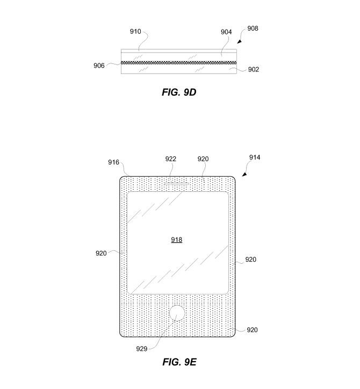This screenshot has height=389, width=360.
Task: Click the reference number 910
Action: pos(135,32)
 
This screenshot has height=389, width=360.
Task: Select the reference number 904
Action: pos(226,32)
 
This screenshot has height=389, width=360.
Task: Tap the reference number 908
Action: pos(253,28)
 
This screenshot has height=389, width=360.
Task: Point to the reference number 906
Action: pos(99,66)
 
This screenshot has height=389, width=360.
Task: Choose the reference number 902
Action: pos(254,69)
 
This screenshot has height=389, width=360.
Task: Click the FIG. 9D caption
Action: pos(179,92)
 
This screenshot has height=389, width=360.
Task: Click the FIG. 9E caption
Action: pos(179,362)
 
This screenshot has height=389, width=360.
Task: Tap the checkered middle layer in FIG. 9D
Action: pos(179,63)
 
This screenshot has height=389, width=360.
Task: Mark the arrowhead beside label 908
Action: pos(239,41)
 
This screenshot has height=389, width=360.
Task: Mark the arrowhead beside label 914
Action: pos(244,174)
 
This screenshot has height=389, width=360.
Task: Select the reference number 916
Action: pos(113,162)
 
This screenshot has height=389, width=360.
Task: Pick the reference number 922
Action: pos(171,159)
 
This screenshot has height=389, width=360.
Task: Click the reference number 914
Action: pos(255,157)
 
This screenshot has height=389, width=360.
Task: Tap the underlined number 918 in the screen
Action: pos(177,240)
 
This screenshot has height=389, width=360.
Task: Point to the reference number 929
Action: pos(142,349)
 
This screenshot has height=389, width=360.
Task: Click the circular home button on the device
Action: pos(177,313)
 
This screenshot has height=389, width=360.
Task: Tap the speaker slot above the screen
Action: pos(176,184)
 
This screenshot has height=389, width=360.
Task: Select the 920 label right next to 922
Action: pos(203,159)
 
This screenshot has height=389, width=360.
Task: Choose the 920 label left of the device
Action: pos(101,253)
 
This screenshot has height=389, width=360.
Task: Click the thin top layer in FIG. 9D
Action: pos(179,51)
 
